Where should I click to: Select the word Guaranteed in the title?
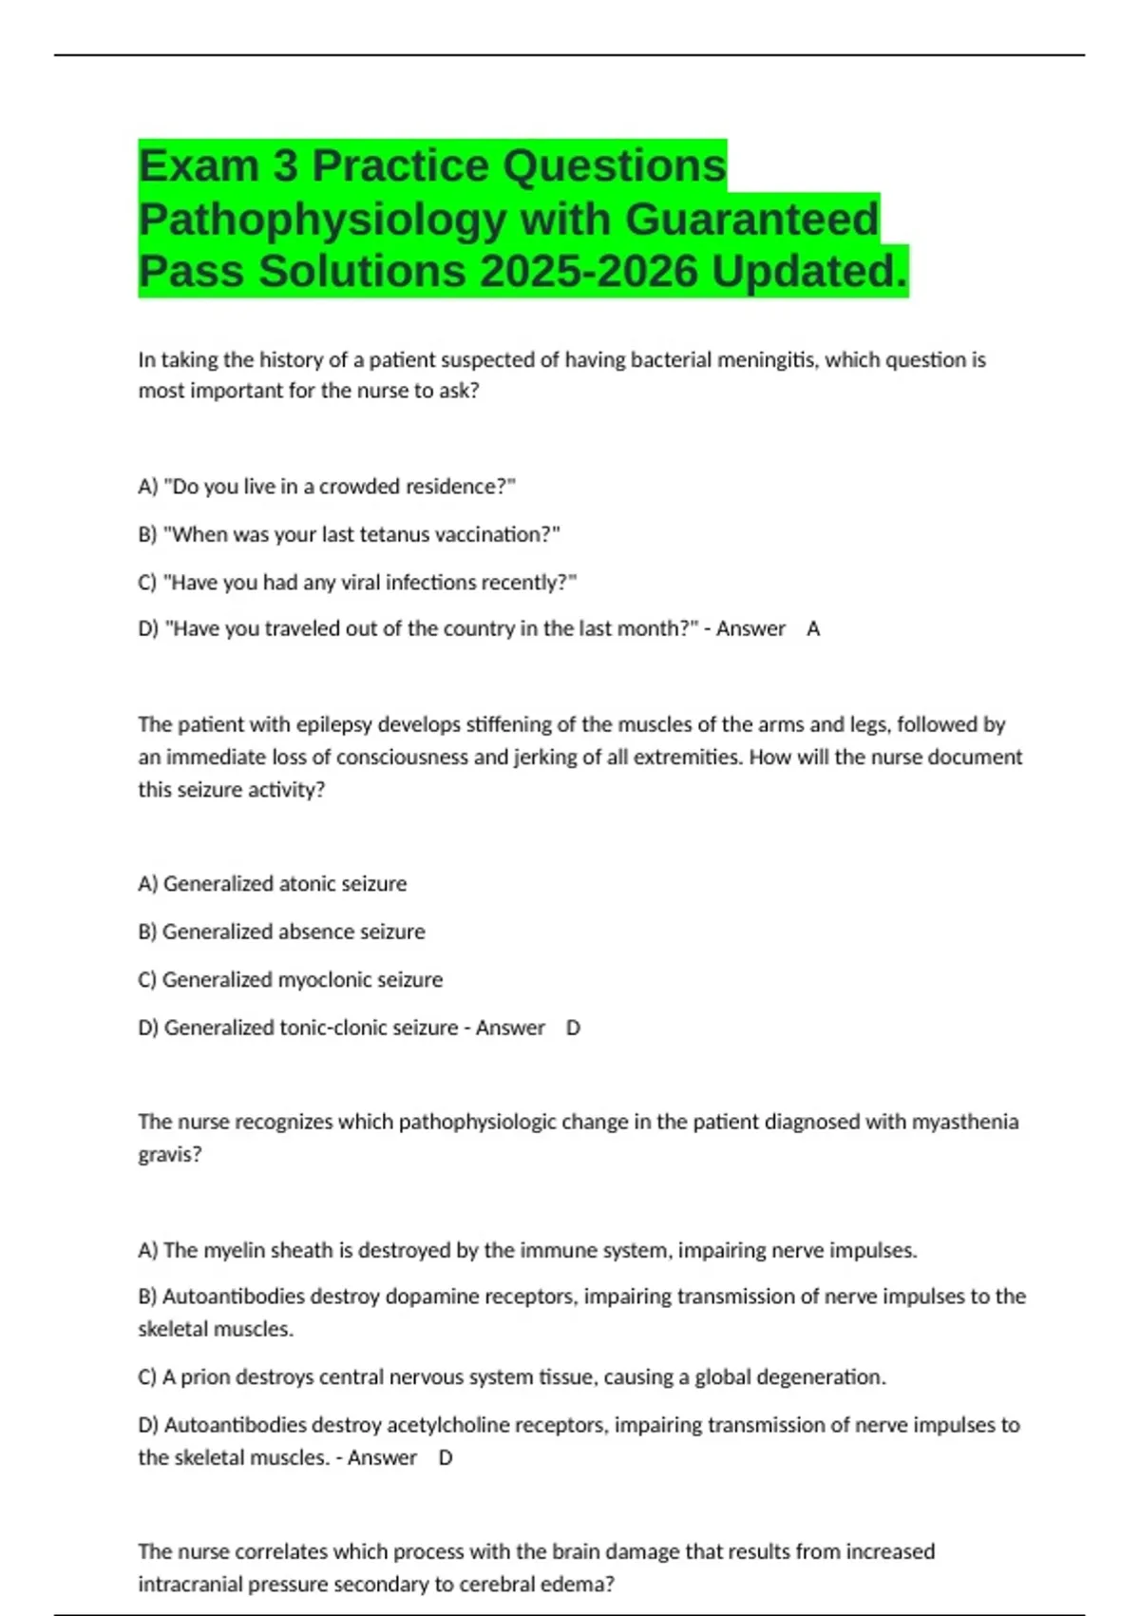click(751, 220)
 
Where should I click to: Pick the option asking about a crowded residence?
click(327, 487)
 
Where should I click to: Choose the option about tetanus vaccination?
click(349, 535)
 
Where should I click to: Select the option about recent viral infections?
click(357, 583)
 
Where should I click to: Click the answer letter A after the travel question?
click(813, 629)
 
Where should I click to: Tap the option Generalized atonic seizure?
click(273, 884)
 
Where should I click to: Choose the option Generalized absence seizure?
click(282, 933)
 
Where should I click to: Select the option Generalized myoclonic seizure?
click(291, 980)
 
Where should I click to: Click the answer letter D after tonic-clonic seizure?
click(573, 1029)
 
